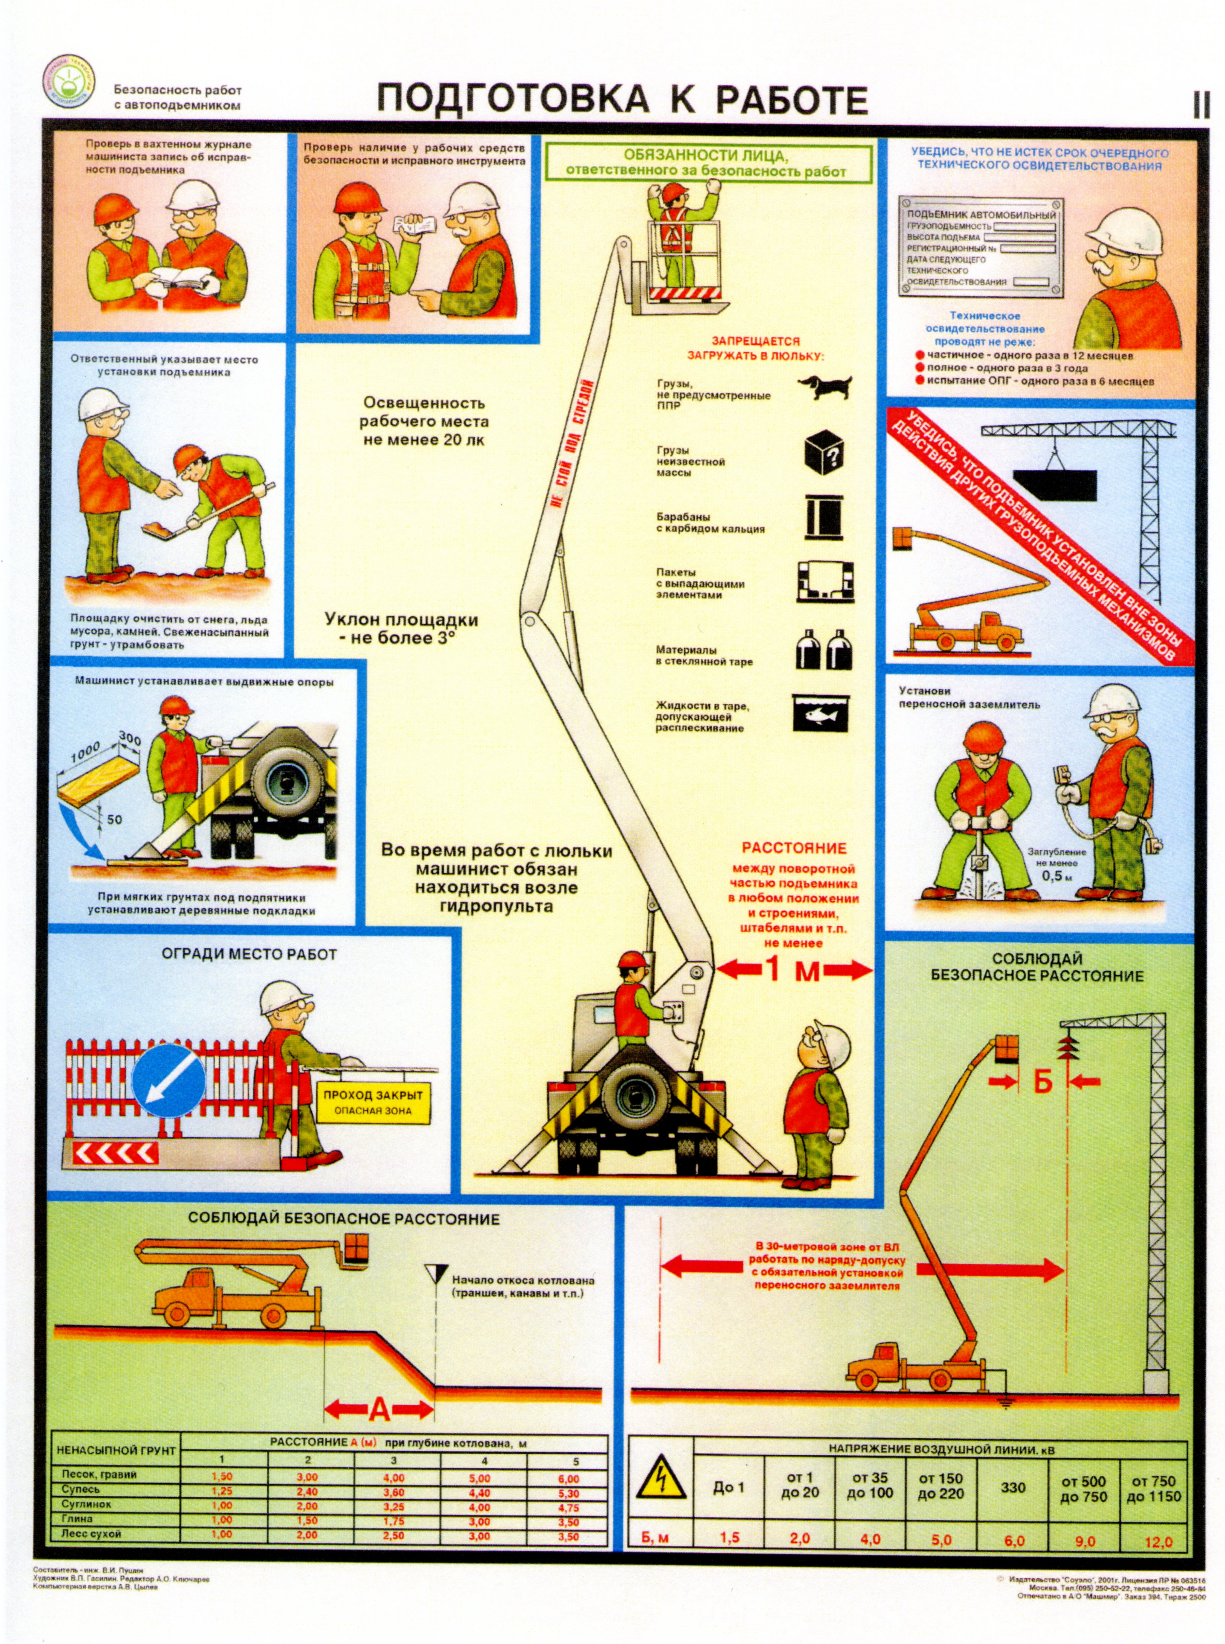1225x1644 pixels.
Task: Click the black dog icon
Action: pos(824,386)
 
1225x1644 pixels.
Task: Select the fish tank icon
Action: pos(821,713)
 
